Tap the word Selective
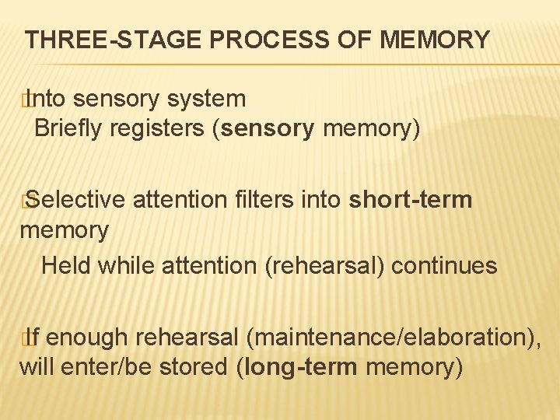click(76, 200)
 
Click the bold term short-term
click(411, 200)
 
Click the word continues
click(444, 265)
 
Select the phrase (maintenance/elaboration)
click(394, 338)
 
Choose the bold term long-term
click(299, 366)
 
